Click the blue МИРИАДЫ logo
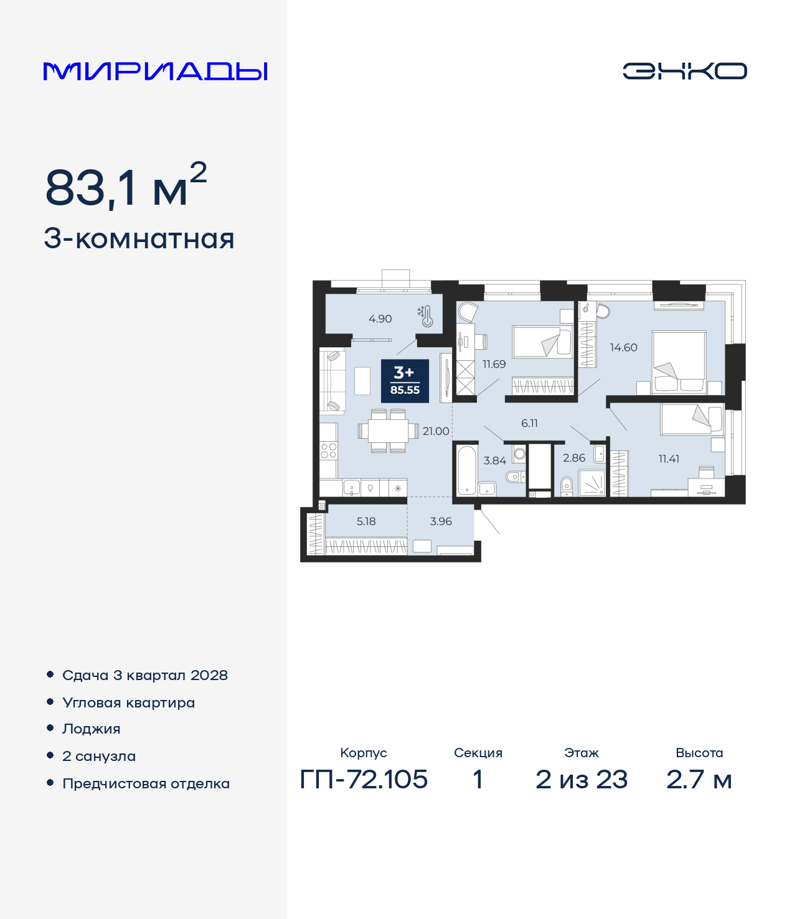155,72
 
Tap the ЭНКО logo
685,71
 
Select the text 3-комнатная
139,239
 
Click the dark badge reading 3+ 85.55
405,381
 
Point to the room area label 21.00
436,431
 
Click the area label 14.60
623,347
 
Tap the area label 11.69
494,364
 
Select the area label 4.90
380,319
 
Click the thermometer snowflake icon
425,316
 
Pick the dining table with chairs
389,431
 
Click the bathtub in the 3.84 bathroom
466,470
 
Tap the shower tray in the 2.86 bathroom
592,483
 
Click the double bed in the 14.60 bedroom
679,362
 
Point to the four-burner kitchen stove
328,451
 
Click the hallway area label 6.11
529,423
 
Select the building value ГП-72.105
364,780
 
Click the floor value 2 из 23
582,780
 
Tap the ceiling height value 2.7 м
699,780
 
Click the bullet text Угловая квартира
129,702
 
